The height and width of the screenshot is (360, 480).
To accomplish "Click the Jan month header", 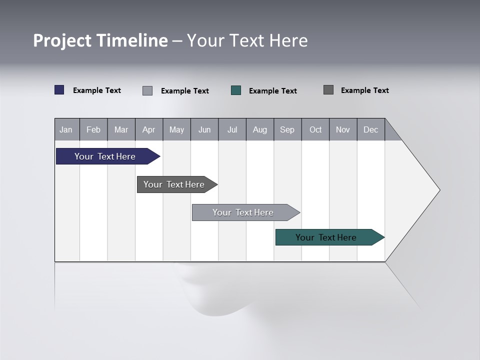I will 66,129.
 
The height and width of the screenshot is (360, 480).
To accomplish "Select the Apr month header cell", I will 149,129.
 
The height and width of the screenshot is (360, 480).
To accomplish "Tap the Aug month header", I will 260,129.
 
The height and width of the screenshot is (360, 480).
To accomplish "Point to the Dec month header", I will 370,129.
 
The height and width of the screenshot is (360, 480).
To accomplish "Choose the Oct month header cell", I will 315,129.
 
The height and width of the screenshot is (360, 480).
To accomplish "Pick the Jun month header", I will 204,129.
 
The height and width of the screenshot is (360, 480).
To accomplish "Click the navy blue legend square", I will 59,90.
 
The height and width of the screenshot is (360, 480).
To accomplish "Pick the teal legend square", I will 236,90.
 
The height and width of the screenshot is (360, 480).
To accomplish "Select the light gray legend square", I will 147,90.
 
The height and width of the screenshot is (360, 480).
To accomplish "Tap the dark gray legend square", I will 328,90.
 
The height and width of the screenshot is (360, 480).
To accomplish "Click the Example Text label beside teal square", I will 273,91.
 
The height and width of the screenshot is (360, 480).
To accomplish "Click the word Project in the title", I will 62,40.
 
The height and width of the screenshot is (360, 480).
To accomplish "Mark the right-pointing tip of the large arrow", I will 438,190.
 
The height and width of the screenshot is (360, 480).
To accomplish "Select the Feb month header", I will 93,129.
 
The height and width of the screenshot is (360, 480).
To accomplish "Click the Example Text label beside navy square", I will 97,90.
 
